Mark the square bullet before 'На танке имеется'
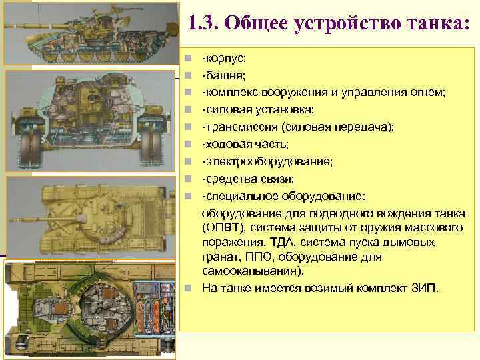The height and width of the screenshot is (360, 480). pyautogui.click(x=189, y=288)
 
